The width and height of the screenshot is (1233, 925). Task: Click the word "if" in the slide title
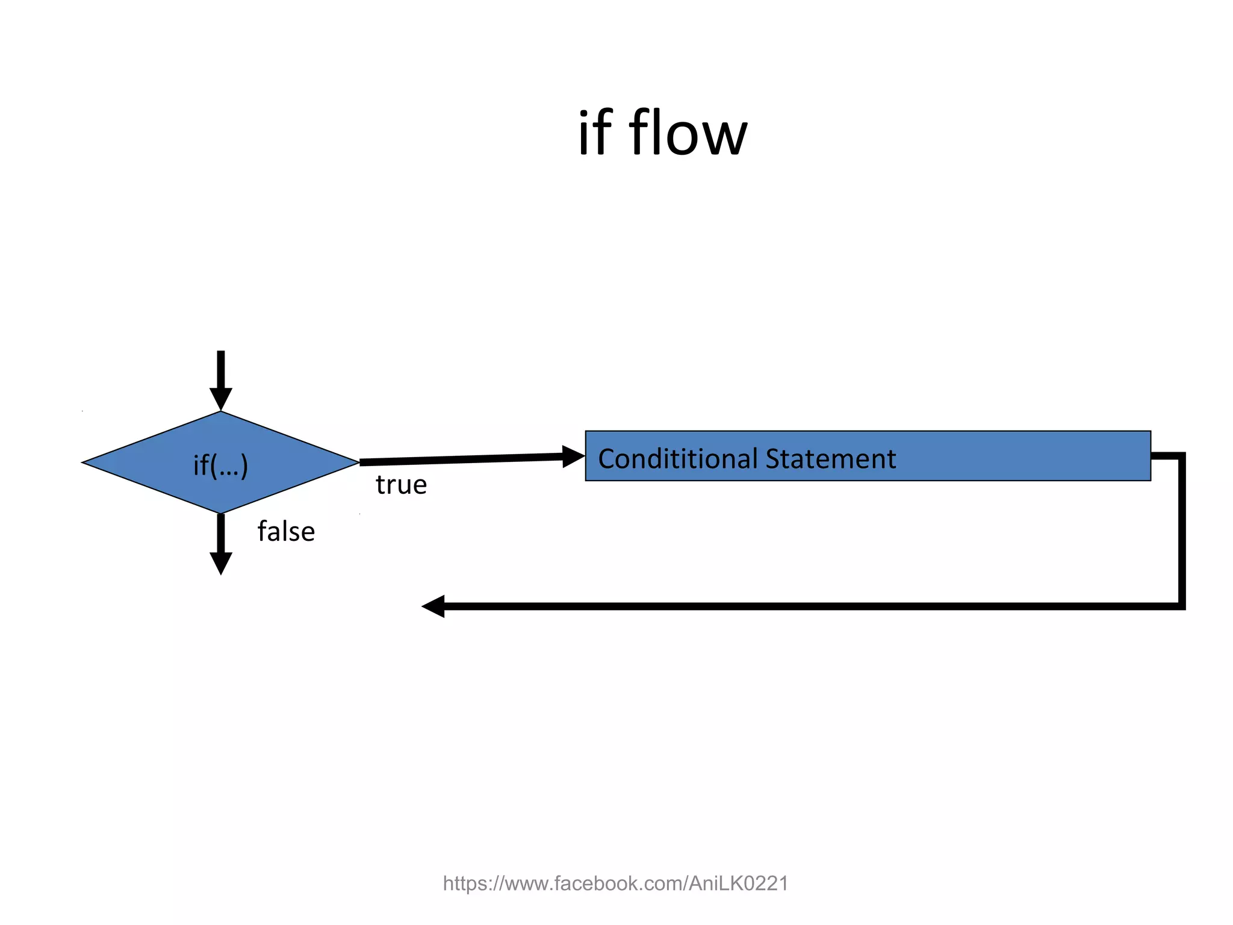pyautogui.click(x=594, y=134)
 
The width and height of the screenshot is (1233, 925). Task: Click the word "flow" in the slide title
pyautogui.click(x=688, y=134)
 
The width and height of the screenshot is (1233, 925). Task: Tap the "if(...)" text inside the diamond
pyautogui.click(x=220, y=465)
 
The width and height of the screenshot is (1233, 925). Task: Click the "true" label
pyautogui.click(x=401, y=485)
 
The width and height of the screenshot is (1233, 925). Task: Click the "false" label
pyautogui.click(x=286, y=532)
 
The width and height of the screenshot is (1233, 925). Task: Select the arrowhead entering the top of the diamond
pyautogui.click(x=221, y=399)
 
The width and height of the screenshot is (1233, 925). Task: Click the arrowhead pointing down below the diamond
pyautogui.click(x=221, y=562)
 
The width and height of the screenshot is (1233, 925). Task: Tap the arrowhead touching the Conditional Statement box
pyautogui.click(x=573, y=456)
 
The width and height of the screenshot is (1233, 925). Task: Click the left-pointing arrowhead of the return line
pyautogui.click(x=433, y=606)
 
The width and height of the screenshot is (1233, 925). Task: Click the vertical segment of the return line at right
pyautogui.click(x=1182, y=530)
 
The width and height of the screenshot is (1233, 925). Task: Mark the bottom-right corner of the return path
pyautogui.click(x=1182, y=606)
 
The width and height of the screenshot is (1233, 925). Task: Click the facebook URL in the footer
pyautogui.click(x=615, y=883)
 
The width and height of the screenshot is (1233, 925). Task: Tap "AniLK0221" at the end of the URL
pyautogui.click(x=738, y=883)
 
